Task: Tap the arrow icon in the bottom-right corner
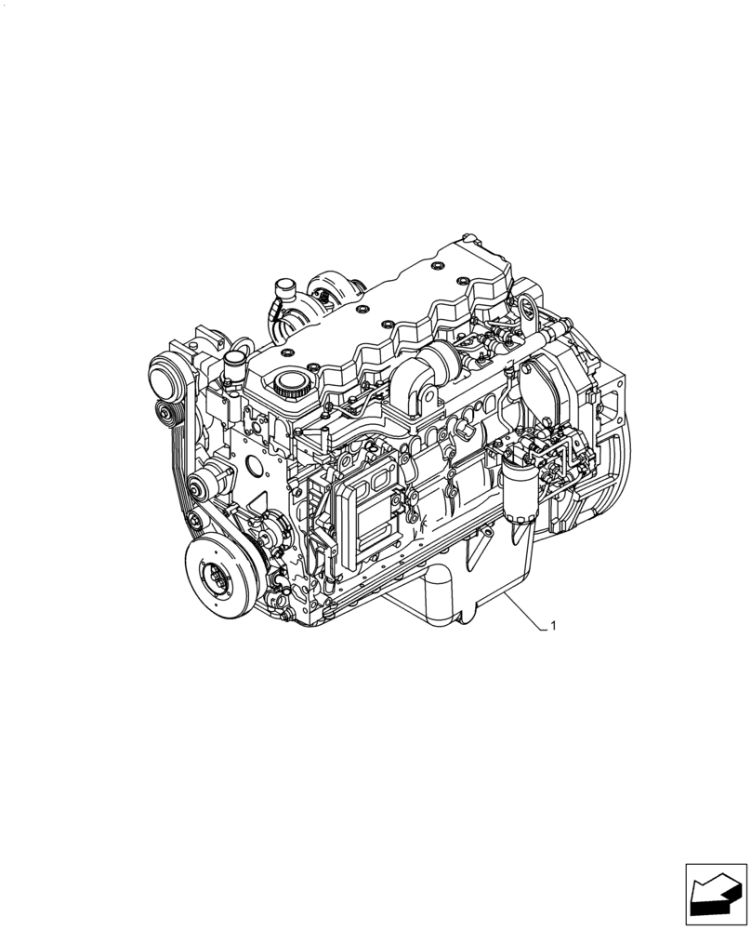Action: point(715,897)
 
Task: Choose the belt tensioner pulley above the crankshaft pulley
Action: point(201,485)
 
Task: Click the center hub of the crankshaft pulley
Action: point(220,577)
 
